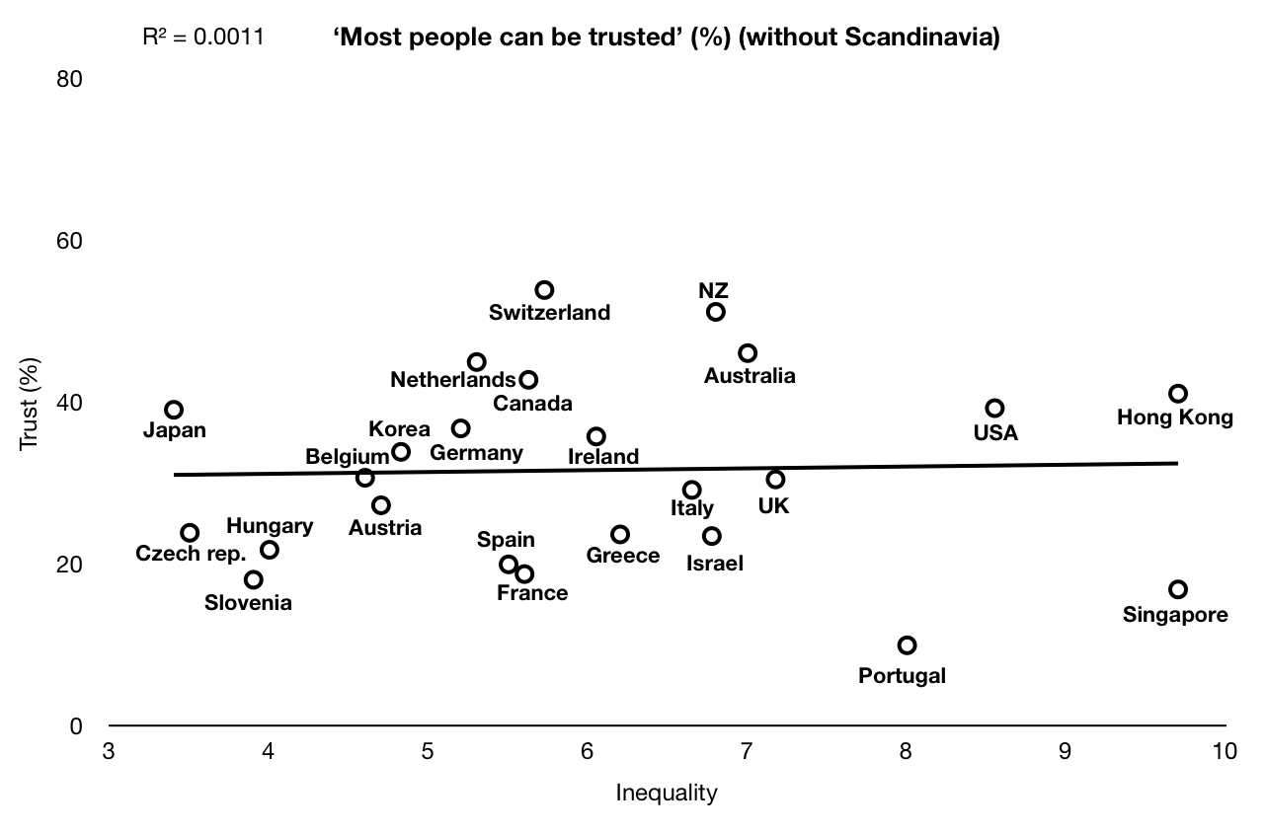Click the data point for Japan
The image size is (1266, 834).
[174, 410]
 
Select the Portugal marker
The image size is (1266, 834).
[907, 645]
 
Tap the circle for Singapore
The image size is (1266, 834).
[1178, 589]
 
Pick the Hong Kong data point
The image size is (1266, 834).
[1178, 394]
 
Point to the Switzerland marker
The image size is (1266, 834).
[544, 290]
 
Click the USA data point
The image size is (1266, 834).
[994, 409]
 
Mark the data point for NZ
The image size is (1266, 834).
[716, 312]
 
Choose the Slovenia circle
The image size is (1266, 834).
[254, 579]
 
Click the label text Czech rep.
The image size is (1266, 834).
[191, 553]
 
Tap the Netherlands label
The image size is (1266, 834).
[452, 380]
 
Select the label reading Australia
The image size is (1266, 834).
[749, 375]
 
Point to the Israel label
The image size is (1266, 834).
[715, 565]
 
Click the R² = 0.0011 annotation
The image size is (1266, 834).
[203, 39]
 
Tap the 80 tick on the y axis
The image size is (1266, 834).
[69, 78]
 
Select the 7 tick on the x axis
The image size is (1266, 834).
[747, 752]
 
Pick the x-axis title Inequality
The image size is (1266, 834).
[667, 793]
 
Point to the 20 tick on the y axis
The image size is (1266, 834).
[69, 565]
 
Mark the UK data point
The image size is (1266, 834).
[775, 480]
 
